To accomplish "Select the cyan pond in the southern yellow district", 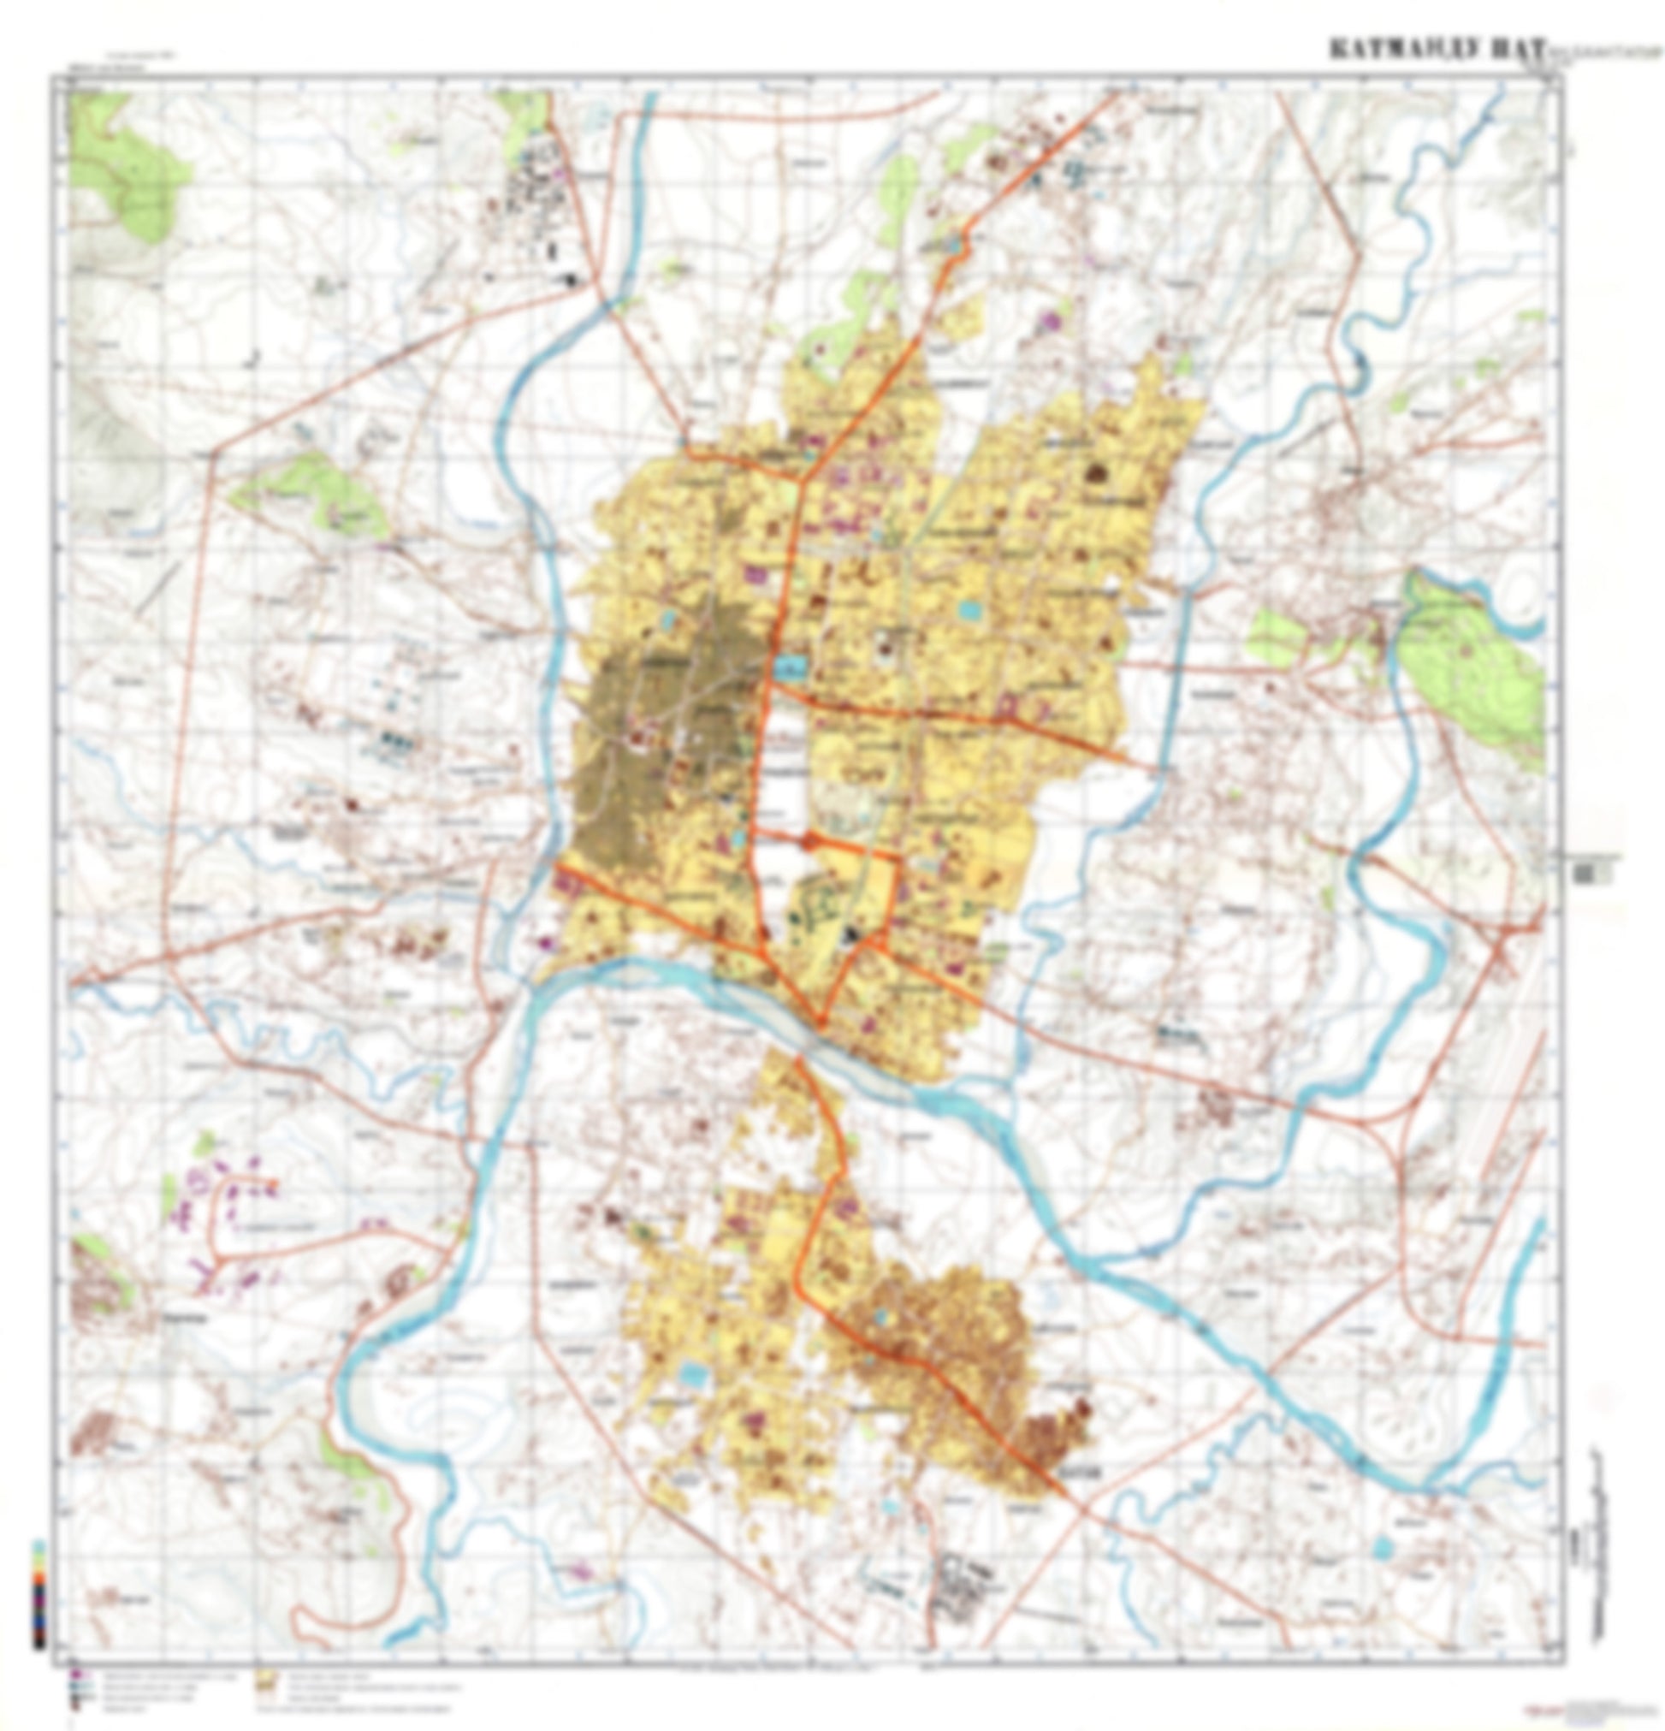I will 693,1373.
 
